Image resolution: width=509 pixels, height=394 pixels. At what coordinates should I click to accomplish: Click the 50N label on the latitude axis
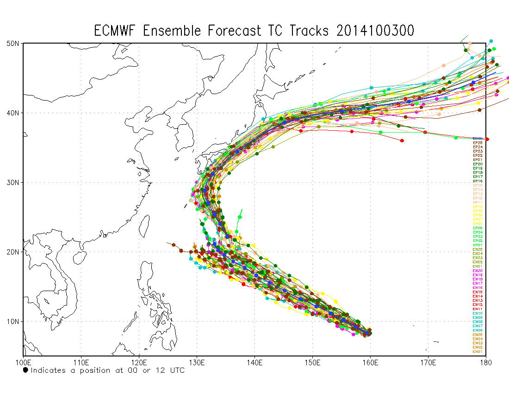click(x=12, y=43)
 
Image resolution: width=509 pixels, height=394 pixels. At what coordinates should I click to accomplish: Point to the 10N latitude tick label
click(x=12, y=321)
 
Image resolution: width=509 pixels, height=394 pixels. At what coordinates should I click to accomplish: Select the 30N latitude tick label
click(x=12, y=182)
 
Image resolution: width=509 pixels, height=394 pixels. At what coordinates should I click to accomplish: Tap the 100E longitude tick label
click(x=23, y=362)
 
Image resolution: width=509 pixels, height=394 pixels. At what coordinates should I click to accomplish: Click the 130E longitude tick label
click(x=197, y=362)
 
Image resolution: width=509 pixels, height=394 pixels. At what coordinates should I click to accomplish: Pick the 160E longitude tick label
click(x=370, y=362)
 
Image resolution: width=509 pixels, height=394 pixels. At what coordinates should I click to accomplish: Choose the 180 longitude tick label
click(x=485, y=362)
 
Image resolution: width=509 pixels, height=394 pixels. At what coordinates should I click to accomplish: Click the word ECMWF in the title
click(x=116, y=31)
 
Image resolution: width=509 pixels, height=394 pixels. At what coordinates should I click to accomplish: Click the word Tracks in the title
click(x=310, y=31)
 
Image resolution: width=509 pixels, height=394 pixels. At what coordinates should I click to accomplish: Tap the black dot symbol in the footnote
click(x=25, y=370)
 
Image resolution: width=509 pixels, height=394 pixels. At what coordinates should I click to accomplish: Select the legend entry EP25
click(x=478, y=143)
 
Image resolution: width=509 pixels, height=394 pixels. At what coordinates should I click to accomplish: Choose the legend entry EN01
click(x=478, y=352)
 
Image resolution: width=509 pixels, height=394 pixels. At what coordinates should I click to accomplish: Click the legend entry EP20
click(x=478, y=164)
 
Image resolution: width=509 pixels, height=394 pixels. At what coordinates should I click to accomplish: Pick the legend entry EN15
click(x=478, y=292)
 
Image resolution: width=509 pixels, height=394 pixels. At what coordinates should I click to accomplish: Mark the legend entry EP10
click(x=478, y=207)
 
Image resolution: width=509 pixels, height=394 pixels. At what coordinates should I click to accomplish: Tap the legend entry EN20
click(x=478, y=271)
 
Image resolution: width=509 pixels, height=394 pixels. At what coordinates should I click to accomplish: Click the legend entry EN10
click(x=478, y=313)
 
